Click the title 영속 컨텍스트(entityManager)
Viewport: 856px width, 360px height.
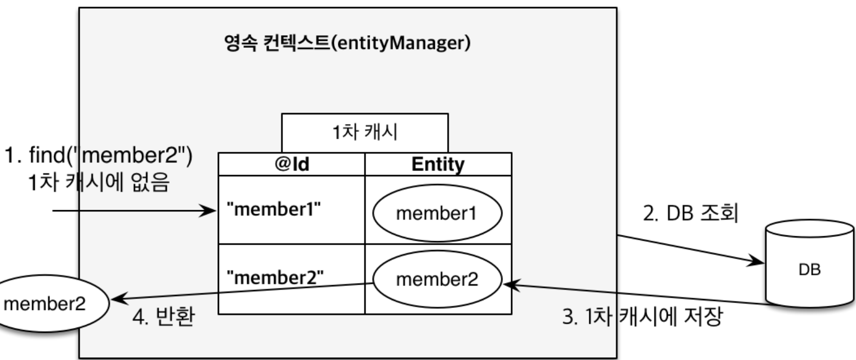click(347, 42)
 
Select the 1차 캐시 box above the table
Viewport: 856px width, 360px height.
click(365, 132)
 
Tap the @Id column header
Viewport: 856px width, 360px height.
click(292, 164)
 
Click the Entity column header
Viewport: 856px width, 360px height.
click(438, 164)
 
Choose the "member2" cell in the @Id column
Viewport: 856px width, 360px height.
click(275, 278)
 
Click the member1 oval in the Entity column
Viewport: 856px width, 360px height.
click(437, 213)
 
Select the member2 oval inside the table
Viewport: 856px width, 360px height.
click(437, 280)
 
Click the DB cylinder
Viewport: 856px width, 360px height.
click(810, 263)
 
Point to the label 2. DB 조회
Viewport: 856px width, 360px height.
click(691, 213)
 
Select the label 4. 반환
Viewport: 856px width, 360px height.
click(163, 317)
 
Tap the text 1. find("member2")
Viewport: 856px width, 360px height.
click(98, 156)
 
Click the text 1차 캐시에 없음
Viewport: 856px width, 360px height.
click(99, 182)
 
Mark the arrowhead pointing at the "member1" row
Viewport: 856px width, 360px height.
click(209, 210)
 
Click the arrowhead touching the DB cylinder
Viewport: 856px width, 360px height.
click(757, 262)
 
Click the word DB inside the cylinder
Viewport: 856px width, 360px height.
click(809, 269)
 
